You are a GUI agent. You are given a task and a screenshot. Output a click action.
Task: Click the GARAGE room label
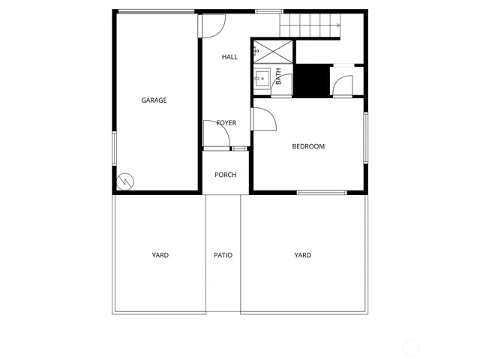pos(154,100)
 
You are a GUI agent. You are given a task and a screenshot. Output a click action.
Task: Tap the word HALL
pos(229,57)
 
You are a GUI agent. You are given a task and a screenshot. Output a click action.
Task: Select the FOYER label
pos(226,123)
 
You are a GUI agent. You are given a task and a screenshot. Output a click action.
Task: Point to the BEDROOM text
pos(308,146)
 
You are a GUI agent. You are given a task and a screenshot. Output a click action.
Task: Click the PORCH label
pos(225,175)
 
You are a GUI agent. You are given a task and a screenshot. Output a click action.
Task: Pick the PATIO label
pos(223,255)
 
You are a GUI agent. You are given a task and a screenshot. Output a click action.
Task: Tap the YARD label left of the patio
pos(160,255)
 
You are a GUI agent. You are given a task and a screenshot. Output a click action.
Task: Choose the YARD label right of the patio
pos(302,255)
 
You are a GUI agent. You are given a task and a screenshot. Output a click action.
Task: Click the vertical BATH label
pos(279,76)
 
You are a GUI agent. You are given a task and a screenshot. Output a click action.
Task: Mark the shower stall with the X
pos(272,51)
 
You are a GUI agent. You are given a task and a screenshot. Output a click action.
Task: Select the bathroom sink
pos(262,77)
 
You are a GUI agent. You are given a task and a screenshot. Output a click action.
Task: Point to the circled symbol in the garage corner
pos(124,181)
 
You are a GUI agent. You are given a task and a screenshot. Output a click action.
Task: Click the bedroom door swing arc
pos(264,119)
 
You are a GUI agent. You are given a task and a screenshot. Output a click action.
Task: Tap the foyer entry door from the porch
pos(213,134)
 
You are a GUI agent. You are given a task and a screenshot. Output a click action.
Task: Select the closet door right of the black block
pos(342,84)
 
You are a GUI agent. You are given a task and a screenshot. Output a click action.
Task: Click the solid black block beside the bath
pos(310,81)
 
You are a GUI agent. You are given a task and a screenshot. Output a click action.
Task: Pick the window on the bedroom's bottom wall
pos(322,193)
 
